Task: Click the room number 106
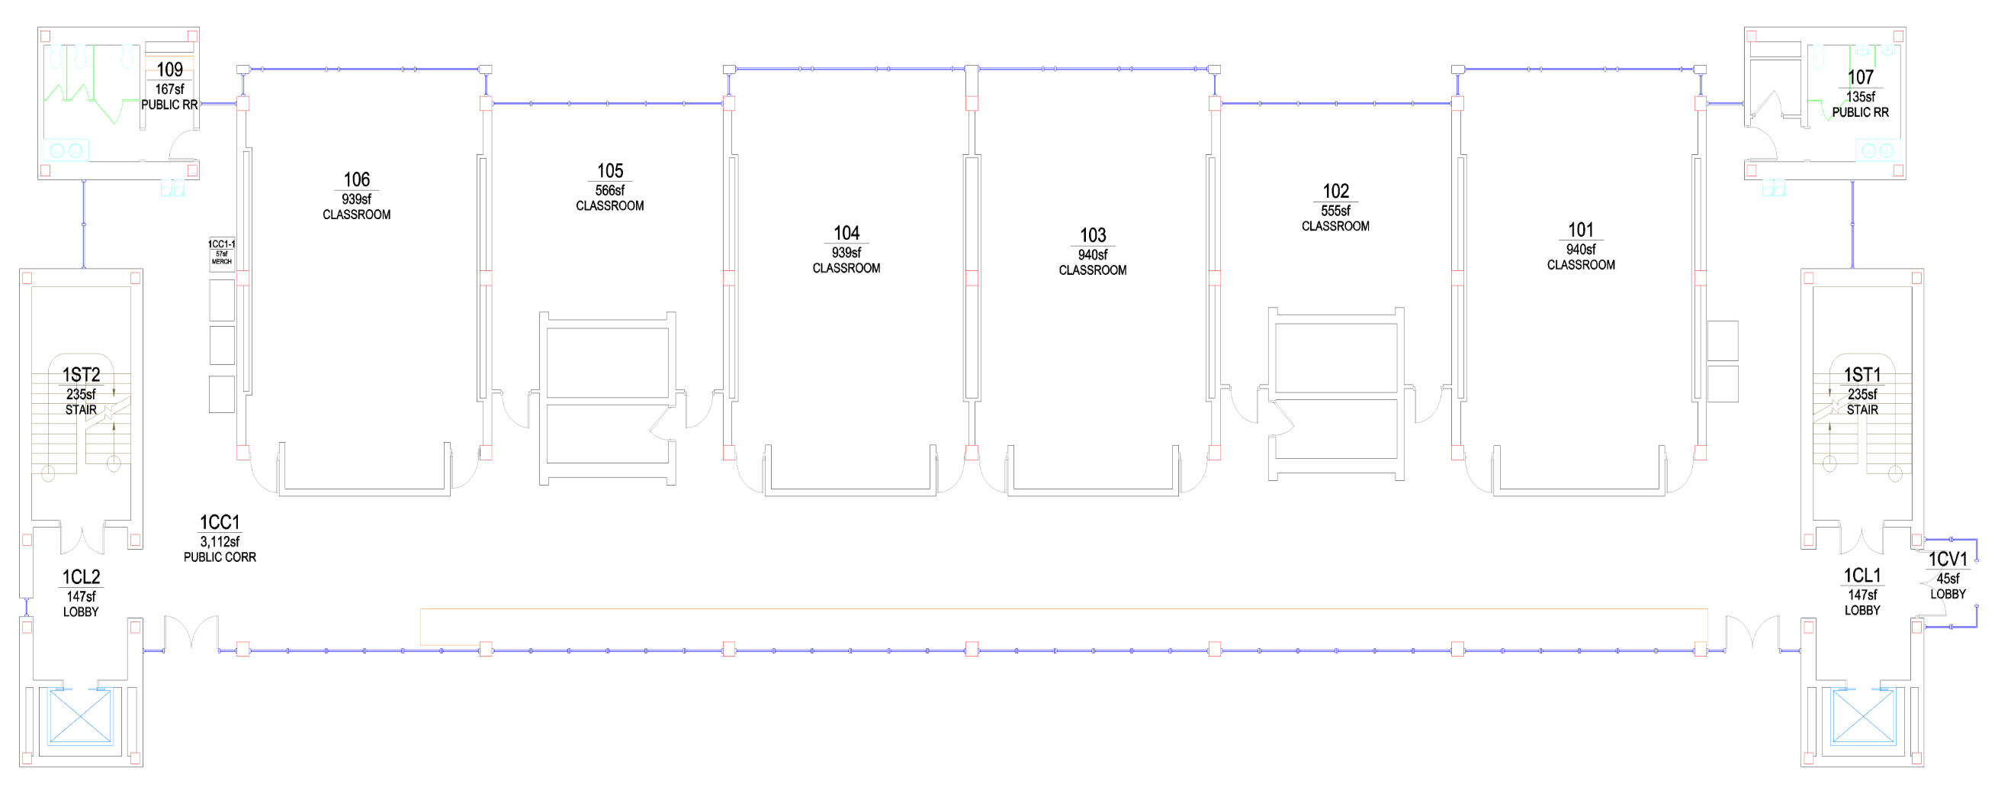tap(357, 179)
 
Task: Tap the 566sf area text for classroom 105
tap(609, 190)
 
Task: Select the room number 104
tap(846, 233)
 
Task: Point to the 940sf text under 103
tap(1092, 254)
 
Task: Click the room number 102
tap(1335, 191)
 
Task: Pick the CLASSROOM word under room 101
tap(1581, 265)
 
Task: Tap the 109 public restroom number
tap(170, 69)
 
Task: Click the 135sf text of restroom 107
tap(1860, 97)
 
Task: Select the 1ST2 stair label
tap(81, 375)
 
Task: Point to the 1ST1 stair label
tap(1861, 375)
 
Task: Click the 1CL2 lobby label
tap(81, 576)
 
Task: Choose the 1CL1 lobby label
tap(1861, 575)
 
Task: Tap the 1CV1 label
tap(1948, 559)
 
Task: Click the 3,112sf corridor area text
tap(220, 542)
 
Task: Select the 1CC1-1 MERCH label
tap(222, 252)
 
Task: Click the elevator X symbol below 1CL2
tap(80, 715)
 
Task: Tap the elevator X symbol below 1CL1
tap(1861, 715)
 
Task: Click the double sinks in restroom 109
tap(66, 150)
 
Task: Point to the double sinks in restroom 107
tap(1877, 150)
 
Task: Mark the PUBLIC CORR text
tap(220, 557)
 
